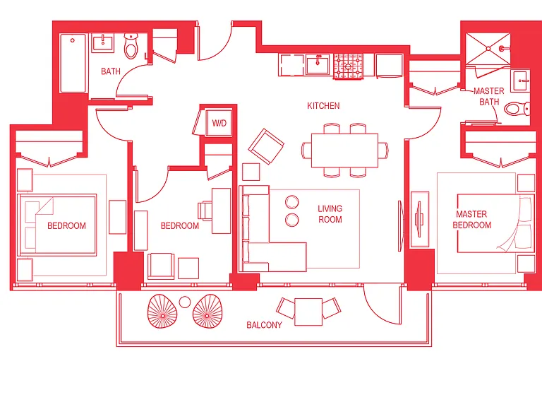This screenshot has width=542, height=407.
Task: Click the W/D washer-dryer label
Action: (219, 123)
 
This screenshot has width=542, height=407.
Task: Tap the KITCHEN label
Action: (323, 106)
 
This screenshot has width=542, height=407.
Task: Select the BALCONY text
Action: (264, 325)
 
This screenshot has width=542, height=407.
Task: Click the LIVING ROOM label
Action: (330, 214)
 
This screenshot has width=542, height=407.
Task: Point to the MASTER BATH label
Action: (489, 96)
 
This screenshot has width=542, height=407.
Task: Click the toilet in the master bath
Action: (517, 109)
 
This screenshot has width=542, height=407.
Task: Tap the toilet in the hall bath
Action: (131, 46)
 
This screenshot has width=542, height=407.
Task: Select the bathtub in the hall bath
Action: (73, 63)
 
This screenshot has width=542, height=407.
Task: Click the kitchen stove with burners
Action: (348, 66)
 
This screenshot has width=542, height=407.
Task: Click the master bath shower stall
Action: (488, 49)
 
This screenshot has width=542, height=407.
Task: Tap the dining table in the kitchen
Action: (344, 151)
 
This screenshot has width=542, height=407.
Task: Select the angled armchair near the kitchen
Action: (266, 146)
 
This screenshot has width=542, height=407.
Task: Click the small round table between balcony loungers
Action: (185, 302)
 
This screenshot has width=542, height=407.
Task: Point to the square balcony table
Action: (308, 312)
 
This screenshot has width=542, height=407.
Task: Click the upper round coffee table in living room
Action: (292, 202)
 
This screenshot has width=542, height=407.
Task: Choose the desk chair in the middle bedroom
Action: (205, 211)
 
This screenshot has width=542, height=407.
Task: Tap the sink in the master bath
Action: (520, 81)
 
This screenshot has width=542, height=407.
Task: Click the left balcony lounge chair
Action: (162, 311)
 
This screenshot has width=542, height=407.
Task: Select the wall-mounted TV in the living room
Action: (401, 226)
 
